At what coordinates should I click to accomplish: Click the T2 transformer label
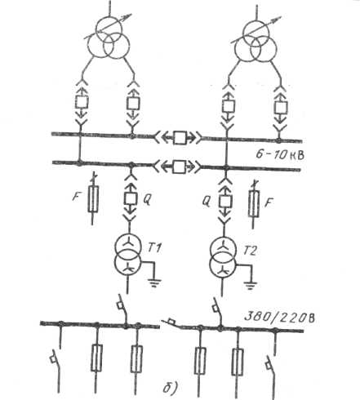tap(249, 251)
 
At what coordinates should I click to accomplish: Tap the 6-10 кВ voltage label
tap(280, 155)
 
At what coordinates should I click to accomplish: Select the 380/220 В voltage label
tap(279, 317)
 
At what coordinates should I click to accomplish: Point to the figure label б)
tap(171, 388)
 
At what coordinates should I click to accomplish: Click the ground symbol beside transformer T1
tap(154, 283)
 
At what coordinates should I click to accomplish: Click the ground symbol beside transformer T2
tap(251, 286)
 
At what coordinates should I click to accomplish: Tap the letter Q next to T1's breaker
tap(147, 200)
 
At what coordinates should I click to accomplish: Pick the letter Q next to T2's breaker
tap(207, 202)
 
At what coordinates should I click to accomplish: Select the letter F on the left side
tap(76, 196)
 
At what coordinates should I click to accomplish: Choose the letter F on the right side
tap(269, 202)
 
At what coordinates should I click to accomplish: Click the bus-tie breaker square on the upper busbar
tap(180, 138)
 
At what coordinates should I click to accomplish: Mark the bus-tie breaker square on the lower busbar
tap(180, 167)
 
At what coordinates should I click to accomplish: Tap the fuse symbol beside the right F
tap(254, 203)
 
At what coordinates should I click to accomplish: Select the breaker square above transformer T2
tap(225, 202)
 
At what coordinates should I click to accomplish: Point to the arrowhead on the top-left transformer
tap(127, 16)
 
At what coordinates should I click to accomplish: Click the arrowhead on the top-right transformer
tap(277, 19)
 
